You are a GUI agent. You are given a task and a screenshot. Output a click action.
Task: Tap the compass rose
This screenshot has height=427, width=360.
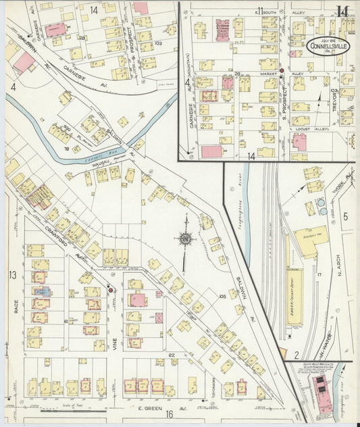(184, 238)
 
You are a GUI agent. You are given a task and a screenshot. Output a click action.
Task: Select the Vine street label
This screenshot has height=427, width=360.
(115, 344)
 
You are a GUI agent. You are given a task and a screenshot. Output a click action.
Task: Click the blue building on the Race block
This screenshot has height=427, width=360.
(41, 291)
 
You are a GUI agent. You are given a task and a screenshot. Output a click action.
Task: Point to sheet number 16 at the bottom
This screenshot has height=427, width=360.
(170, 415)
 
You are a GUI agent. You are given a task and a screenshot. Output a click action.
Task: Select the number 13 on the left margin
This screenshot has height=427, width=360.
(12, 274)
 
